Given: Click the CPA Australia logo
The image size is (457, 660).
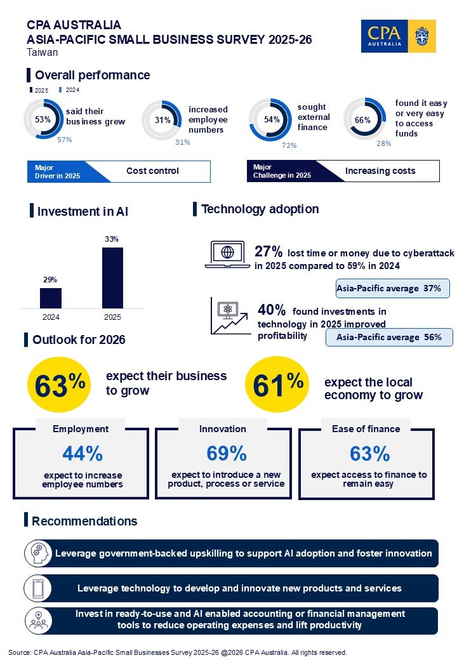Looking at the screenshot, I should click(x=397, y=36).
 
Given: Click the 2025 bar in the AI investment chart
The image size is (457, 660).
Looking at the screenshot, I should click(x=112, y=277).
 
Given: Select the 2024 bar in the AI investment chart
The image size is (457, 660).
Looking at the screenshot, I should click(x=51, y=298).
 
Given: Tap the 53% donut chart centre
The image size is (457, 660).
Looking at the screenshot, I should click(x=43, y=119).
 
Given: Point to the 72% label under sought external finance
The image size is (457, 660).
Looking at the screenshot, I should click(x=289, y=145).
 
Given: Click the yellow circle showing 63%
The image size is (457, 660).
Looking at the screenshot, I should click(x=60, y=384).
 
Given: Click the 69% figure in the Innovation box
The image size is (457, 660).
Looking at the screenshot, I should click(x=226, y=454).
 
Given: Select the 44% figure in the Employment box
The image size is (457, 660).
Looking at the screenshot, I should click(x=83, y=454).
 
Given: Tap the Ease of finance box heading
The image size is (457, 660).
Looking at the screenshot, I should click(x=366, y=429).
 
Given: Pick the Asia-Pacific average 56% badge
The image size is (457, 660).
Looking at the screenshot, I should click(x=389, y=337).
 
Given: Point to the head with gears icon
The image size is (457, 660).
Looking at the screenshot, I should click(x=37, y=553).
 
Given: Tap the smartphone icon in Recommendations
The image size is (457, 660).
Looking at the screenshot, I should click(x=37, y=588).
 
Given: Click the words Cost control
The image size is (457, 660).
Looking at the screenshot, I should click(x=152, y=171).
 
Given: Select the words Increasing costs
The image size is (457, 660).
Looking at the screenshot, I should click(x=380, y=171).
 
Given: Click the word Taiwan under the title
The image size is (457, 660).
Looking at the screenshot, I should click(x=43, y=53).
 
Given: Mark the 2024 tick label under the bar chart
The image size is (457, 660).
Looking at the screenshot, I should click(x=51, y=317).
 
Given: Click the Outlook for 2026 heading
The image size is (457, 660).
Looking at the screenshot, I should click(x=79, y=340).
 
